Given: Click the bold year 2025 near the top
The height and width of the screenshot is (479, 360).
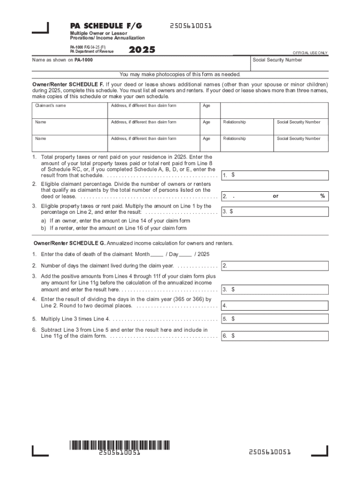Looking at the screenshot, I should (x=142, y=50).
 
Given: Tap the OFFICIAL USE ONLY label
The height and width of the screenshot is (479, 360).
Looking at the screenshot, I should (x=310, y=53).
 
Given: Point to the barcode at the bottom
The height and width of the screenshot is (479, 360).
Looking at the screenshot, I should (x=120, y=445).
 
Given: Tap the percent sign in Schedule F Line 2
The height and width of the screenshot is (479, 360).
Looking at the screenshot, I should (x=322, y=196).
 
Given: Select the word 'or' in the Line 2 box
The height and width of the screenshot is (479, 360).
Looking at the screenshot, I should (x=275, y=196).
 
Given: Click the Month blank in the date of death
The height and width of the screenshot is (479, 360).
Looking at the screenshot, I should (x=157, y=254).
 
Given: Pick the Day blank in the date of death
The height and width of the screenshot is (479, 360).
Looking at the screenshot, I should (x=185, y=254).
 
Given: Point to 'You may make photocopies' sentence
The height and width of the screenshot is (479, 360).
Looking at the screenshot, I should (x=180, y=74).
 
